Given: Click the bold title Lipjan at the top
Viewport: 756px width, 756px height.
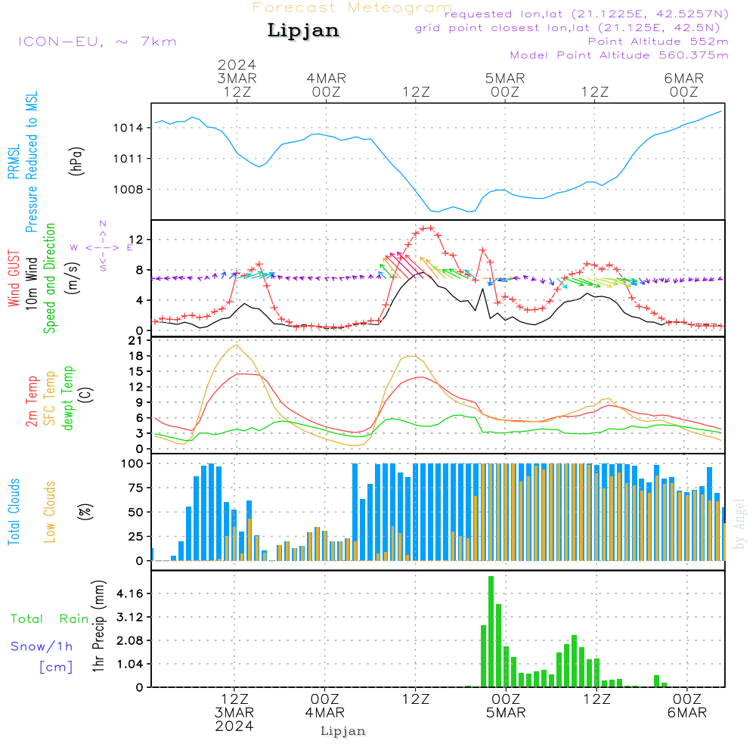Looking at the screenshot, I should (303, 31).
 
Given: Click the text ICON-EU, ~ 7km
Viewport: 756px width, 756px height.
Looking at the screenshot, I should (97, 42).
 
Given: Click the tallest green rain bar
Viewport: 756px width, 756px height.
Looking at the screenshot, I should (491, 631).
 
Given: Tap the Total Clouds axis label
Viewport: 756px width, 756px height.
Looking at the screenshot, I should (14, 511).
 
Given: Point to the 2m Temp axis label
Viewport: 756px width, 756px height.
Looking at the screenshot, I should (32, 401).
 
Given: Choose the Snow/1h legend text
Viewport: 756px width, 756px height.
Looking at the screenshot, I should (42, 646).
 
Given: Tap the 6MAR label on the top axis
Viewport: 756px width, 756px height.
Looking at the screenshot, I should (683, 78).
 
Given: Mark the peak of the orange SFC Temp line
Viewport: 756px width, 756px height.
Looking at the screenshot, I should (237, 345).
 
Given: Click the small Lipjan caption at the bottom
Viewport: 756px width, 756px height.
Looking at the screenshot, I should (342, 731).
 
